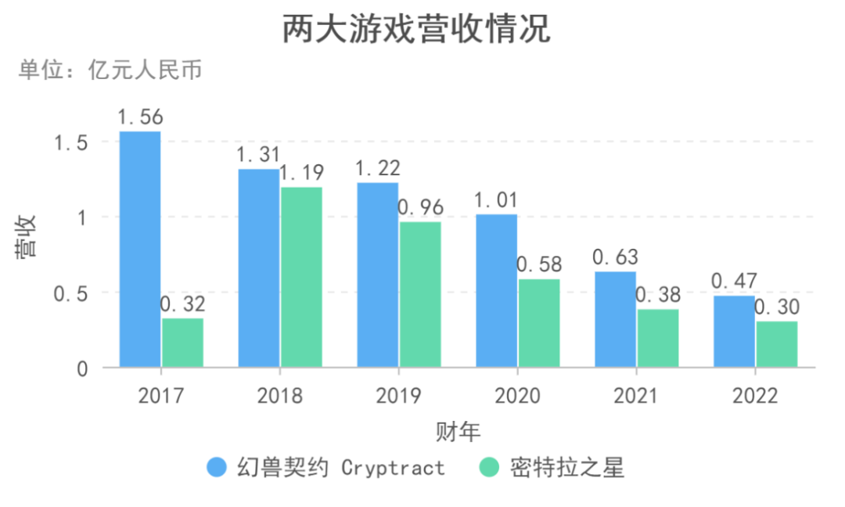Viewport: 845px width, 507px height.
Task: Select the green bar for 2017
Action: (182, 343)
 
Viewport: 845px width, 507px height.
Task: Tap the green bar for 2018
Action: (301, 277)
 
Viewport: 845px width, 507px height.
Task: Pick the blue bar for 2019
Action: (378, 275)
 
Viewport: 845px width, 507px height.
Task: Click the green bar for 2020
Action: (539, 323)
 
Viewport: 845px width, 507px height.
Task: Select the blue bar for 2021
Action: (616, 319)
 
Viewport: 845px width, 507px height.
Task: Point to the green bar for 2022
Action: (777, 344)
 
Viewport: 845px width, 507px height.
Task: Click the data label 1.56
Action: (140, 117)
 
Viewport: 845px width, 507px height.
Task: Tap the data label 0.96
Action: (420, 208)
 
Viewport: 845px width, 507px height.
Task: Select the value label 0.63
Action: (615, 257)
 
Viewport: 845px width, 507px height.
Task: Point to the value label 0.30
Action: (777, 307)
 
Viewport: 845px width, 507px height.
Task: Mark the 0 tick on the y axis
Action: (82, 369)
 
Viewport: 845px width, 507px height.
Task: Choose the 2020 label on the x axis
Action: (517, 396)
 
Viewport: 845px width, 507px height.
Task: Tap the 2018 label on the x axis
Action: (280, 396)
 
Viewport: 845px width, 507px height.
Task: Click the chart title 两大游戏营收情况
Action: (416, 29)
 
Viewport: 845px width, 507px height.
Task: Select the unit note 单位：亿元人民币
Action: (110, 70)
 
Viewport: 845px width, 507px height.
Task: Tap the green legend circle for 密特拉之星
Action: (489, 468)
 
